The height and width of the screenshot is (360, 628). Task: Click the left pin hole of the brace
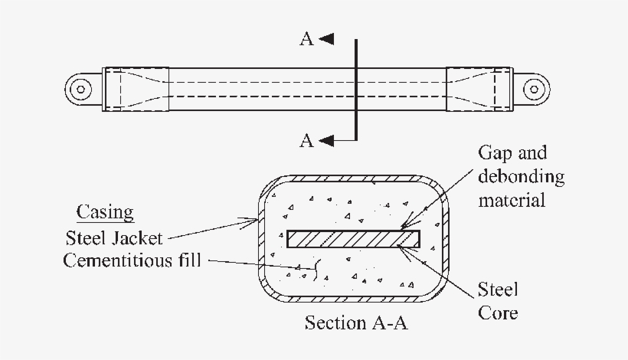pos(79,89)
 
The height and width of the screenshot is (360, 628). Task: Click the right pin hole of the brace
pos(532,89)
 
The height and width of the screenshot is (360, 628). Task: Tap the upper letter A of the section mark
pos(306,40)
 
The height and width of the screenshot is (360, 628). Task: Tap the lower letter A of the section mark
pos(306,140)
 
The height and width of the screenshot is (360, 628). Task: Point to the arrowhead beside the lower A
pos(326,140)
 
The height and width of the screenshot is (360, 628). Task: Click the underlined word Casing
pos(105,212)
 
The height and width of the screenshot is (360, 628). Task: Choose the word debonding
pos(522,177)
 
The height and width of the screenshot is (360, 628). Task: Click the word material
pos(512,201)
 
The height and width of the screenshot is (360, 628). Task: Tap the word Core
pos(498,313)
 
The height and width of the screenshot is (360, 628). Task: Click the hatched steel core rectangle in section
pos(353,239)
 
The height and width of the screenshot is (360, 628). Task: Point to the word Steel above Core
pos(498,290)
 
